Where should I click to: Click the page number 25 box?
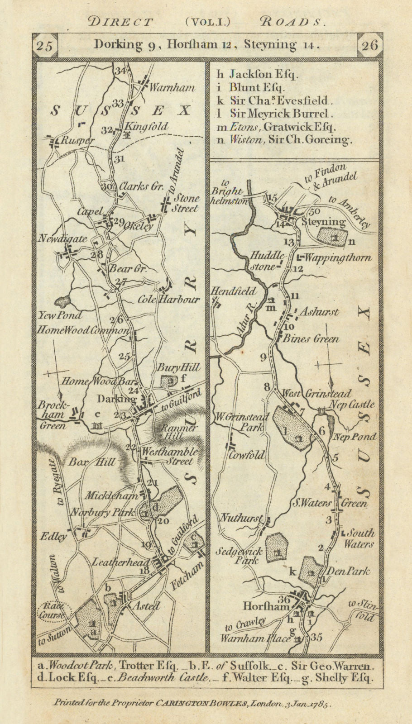click(x=45, y=46)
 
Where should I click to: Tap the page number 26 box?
click(x=369, y=46)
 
